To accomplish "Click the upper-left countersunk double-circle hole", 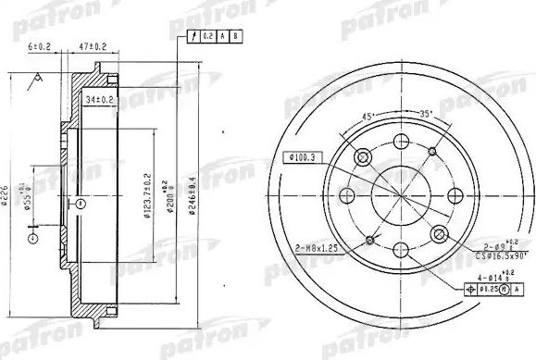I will [364, 156].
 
